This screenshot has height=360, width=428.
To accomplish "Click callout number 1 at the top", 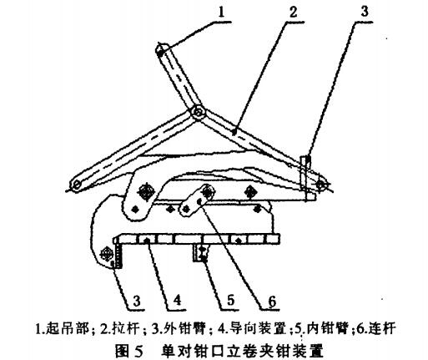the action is tap(221, 13).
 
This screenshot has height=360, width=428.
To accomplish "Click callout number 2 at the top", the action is tap(293, 13).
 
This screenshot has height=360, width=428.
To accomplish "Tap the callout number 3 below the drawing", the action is tap(137, 301).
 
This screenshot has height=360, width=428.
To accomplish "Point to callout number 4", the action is tap(177, 301).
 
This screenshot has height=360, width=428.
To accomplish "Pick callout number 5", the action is tap(231, 301).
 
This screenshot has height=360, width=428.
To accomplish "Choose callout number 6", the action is tap(271, 301).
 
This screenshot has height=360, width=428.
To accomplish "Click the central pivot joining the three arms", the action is tap(198, 113).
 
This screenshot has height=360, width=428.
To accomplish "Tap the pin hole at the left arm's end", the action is tap(76, 185).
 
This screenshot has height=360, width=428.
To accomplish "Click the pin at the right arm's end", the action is tap(320, 184).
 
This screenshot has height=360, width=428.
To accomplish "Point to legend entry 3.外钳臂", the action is tap(179, 328).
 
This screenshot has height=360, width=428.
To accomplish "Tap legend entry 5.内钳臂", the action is tap(321, 328).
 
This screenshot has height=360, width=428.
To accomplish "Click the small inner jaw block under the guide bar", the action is tap(201, 253).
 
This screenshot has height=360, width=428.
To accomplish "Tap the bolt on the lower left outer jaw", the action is tap(107, 253).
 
